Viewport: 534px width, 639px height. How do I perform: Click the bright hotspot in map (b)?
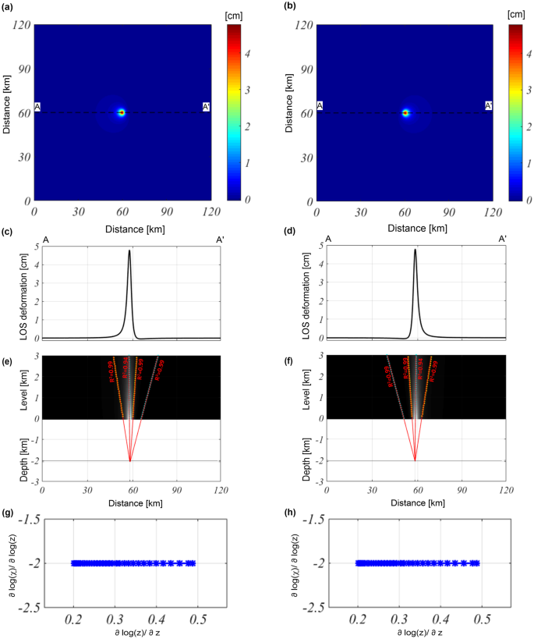point(406,112)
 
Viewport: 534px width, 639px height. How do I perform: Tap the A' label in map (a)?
point(206,106)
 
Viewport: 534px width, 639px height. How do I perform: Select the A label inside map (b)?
point(320,106)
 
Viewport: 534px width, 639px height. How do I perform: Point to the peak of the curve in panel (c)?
point(129,250)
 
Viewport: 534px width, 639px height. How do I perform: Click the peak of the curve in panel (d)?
point(415,250)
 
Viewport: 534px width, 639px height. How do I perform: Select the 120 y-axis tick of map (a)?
point(19,25)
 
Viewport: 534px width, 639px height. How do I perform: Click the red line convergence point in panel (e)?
point(129,461)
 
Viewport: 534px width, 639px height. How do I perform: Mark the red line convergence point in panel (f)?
point(415,461)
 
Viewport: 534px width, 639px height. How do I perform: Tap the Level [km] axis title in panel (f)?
point(299,387)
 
